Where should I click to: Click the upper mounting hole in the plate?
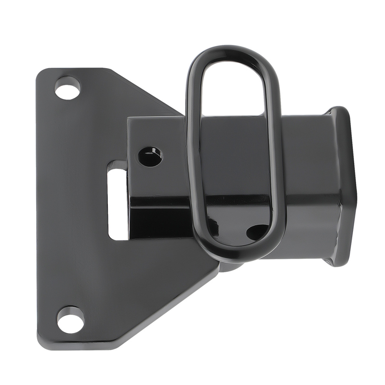(67, 89)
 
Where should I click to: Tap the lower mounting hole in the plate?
(70, 320)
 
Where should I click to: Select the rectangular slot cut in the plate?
(117, 200)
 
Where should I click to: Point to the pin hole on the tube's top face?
(150, 156)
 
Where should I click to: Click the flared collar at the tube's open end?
(343, 185)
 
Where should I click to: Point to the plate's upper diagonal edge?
(146, 92)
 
